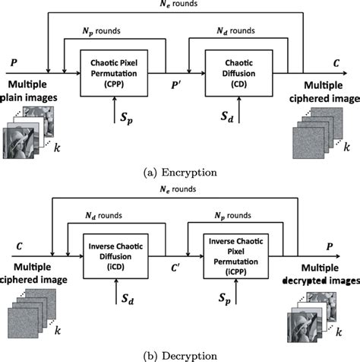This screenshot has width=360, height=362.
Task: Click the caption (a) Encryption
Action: click(180, 173)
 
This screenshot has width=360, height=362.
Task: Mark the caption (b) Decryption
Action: click(180, 354)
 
